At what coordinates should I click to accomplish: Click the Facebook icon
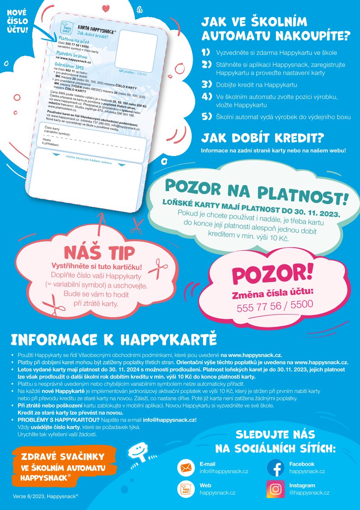(275, 468)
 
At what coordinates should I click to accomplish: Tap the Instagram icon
(275, 489)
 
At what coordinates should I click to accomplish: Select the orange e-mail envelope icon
(186, 468)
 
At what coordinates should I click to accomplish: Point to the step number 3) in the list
(207, 84)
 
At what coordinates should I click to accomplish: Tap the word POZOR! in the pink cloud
(273, 273)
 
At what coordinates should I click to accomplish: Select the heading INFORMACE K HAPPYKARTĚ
(114, 339)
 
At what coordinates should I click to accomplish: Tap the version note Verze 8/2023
(45, 496)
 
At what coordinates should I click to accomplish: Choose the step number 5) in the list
(207, 117)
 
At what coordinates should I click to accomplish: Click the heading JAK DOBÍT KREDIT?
(263, 138)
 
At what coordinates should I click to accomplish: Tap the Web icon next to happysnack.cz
(186, 489)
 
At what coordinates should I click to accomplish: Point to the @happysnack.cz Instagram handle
(309, 493)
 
